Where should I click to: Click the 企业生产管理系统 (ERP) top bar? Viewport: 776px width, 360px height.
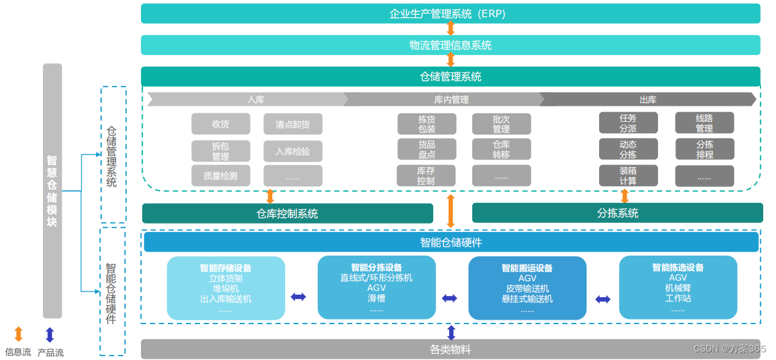[x=450, y=13]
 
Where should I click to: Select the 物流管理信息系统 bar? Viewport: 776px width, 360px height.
[x=450, y=45]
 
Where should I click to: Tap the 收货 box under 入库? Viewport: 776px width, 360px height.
[x=220, y=124]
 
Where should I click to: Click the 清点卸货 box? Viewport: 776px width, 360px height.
[x=293, y=124]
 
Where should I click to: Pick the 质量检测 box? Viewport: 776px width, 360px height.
[x=220, y=176]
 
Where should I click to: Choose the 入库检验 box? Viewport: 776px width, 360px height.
[x=293, y=151]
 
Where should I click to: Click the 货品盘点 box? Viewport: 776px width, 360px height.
[x=427, y=149]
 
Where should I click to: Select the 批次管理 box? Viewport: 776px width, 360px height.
[x=501, y=124]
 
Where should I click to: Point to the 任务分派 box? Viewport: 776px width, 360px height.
[x=628, y=123]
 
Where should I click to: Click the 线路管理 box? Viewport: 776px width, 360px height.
[x=704, y=123]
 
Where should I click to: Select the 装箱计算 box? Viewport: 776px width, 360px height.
[x=628, y=176]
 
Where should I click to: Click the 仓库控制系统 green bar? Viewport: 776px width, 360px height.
[x=287, y=213]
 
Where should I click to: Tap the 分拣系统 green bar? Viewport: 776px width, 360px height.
[x=617, y=213]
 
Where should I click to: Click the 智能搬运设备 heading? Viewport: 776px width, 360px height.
[x=527, y=268]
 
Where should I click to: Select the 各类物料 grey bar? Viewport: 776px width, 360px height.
[x=450, y=349]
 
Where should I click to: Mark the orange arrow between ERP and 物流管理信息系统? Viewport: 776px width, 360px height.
[x=450, y=29]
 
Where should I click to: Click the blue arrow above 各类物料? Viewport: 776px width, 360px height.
[x=451, y=332]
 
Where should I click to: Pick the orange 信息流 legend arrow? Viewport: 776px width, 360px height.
[x=19, y=334]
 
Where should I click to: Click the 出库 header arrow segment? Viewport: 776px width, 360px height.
[x=648, y=99]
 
